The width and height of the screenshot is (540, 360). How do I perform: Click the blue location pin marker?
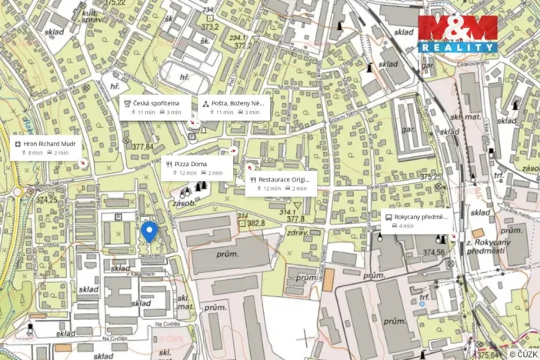tap(150, 231)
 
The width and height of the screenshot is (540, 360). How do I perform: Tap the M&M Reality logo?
tap(458, 33)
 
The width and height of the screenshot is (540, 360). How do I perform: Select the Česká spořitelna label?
tap(156, 102)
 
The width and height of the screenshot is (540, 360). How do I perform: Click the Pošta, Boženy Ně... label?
tap(238, 102)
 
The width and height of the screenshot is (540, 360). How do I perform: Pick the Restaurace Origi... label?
tap(283, 178)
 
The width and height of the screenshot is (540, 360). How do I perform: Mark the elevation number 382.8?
tap(255, 223)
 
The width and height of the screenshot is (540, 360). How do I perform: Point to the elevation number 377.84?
tap(142, 147)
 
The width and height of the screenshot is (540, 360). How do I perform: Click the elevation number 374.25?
tap(46, 200)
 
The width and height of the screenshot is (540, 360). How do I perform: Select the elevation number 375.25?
tap(432, 177)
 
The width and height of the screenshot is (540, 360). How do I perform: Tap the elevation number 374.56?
tap(433, 252)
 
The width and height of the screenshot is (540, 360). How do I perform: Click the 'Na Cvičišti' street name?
tap(115, 337)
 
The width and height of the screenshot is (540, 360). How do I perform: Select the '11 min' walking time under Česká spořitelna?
tap(145, 112)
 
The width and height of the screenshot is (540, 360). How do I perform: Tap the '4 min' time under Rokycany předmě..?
tap(405, 226)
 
